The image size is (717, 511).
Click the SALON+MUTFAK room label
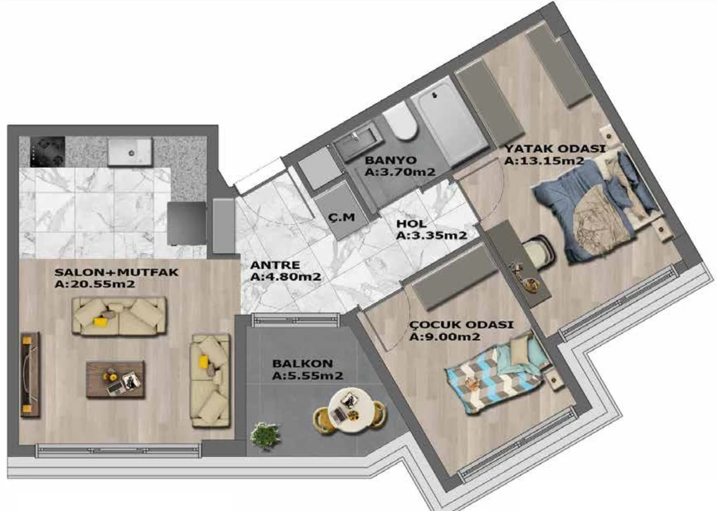pyautogui.click(x=116, y=272)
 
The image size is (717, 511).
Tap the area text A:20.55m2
pyautogui.click(x=95, y=284)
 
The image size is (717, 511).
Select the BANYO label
pyautogui.click(x=391, y=160)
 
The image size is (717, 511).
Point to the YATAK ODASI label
pyautogui.click(x=555, y=149)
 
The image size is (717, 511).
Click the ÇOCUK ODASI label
pyautogui.click(x=461, y=325)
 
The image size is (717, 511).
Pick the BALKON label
pyautogui.click(x=303, y=364)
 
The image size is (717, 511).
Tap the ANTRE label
pyautogui.click(x=275, y=265)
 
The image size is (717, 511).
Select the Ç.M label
pyautogui.click(x=341, y=217)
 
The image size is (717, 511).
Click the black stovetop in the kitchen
pyautogui.click(x=48, y=151)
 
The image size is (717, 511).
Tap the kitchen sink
pyautogui.click(x=130, y=152)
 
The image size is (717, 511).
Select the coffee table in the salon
pyautogui.click(x=116, y=380)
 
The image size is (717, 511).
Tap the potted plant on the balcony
pyautogui.click(x=265, y=436)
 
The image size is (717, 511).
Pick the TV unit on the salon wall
pyautogui.click(x=30, y=374)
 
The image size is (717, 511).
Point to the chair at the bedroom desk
pyautogui.click(x=539, y=250)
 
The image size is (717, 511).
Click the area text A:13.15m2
pyautogui.click(x=545, y=161)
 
